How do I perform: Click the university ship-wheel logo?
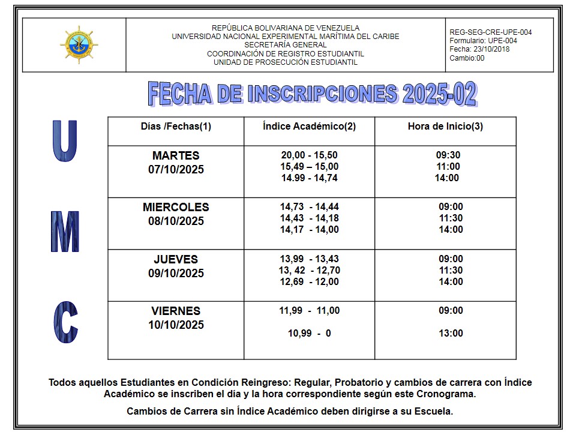point(79,45)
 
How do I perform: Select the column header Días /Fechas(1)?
point(176,127)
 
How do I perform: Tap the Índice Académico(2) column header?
point(309,127)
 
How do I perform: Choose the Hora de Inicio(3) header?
point(445,127)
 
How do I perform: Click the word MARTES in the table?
point(176,156)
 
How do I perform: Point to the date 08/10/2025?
point(176,221)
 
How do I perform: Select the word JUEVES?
point(176,260)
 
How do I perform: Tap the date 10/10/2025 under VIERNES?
point(176,325)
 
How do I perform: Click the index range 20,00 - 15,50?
point(309,155)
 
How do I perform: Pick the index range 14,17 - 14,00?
point(309,230)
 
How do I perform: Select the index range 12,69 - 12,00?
point(309,282)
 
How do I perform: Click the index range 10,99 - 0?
point(309,334)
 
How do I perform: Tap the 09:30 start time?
point(448,155)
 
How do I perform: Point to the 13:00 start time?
point(451,334)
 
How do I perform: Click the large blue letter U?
point(65,142)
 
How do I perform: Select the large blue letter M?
point(65,232)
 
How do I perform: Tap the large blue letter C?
point(65,322)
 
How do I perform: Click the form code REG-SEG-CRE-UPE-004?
point(490,32)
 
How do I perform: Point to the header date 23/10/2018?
point(488,49)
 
